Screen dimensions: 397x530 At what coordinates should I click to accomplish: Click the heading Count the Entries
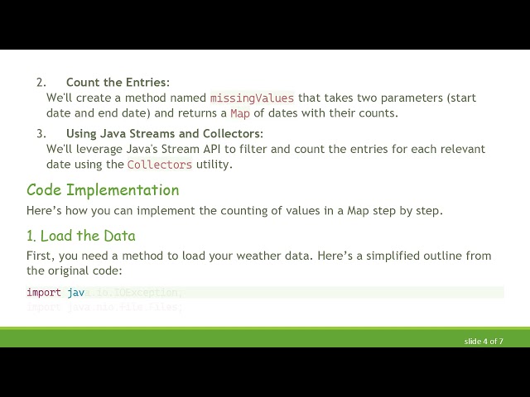coord(118,82)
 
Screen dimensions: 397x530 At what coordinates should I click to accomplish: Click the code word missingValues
coord(252,98)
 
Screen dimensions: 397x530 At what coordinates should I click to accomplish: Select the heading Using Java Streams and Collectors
coord(165,133)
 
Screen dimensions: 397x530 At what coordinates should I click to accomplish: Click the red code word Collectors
coord(160,165)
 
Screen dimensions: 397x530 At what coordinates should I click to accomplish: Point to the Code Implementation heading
coord(103,190)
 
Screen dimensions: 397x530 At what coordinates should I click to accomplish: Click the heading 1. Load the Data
coord(81,236)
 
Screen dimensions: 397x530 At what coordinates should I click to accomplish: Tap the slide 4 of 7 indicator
coord(484,341)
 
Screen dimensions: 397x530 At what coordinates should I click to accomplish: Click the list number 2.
coord(41,82)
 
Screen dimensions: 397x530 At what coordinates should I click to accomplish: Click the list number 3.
coord(41,133)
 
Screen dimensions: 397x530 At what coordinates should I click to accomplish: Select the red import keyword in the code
coord(44,292)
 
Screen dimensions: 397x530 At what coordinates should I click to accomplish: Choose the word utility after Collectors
coord(214,165)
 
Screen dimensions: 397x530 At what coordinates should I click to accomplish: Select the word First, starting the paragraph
coord(41,256)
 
